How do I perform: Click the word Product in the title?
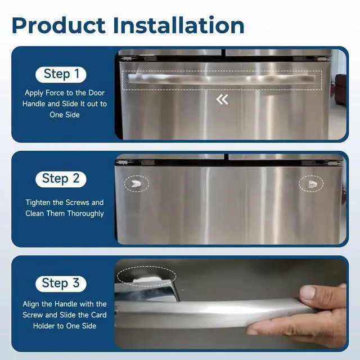58,25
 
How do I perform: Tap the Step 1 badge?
61,74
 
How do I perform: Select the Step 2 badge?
61,179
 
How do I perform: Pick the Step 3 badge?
61,283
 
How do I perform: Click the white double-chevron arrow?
222,100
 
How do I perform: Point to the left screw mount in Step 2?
136,184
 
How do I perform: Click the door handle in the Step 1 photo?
222,79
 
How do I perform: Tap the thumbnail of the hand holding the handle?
230,304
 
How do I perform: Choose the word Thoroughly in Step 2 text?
85,214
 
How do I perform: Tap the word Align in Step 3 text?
31,304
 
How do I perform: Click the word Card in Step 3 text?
99,315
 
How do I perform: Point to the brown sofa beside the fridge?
340,89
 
